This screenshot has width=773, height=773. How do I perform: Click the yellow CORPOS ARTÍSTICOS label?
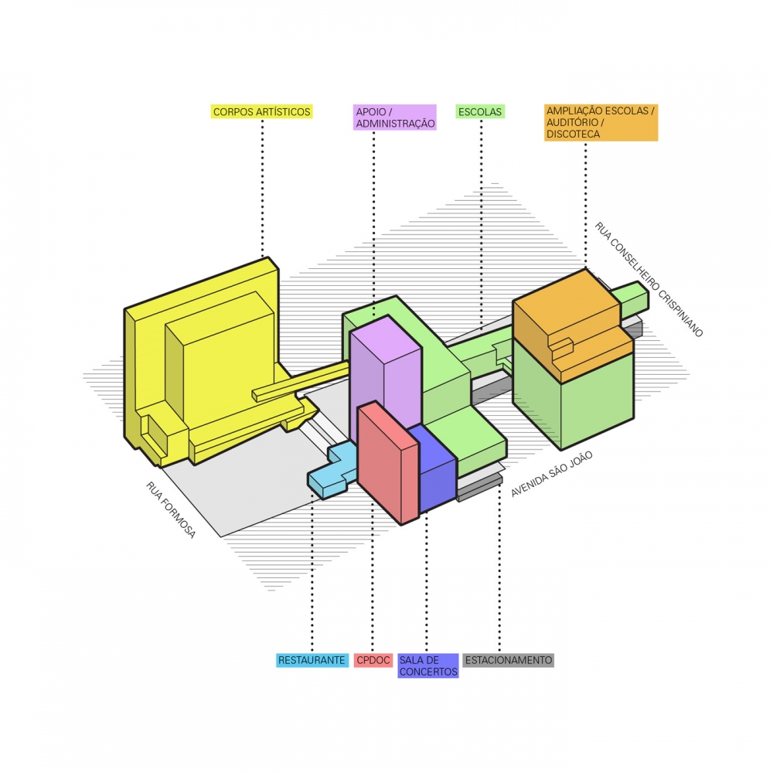[x=262, y=112]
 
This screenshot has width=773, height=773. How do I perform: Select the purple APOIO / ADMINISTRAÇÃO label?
[x=395, y=117]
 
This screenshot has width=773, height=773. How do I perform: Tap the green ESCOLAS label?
[x=480, y=112]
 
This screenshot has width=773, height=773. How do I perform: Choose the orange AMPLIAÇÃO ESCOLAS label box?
[x=601, y=123]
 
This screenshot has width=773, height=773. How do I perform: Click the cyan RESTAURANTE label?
[x=312, y=660]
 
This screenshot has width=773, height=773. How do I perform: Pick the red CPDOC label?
[x=373, y=660]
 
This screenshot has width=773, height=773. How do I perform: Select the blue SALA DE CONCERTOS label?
[x=428, y=666]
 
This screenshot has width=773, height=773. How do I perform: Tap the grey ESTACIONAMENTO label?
[x=509, y=660]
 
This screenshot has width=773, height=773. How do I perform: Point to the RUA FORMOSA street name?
[x=171, y=509]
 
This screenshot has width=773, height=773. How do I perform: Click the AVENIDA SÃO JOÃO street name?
[x=552, y=474]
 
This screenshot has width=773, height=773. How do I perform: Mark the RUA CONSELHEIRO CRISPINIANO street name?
[x=649, y=279]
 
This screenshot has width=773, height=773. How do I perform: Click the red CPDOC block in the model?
[x=387, y=462]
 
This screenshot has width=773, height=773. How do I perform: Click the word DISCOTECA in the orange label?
[x=574, y=134]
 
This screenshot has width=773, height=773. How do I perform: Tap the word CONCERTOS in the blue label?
[x=428, y=672]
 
